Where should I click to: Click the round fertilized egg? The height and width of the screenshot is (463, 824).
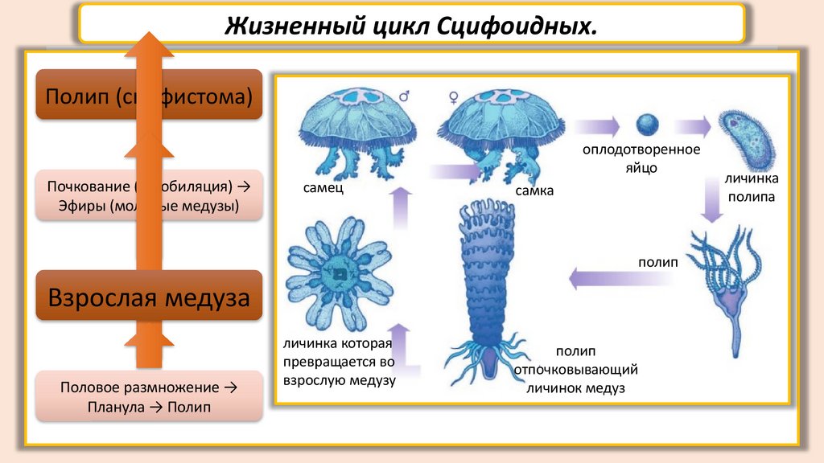(x=647, y=125)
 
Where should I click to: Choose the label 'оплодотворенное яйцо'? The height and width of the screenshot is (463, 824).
(x=642, y=158)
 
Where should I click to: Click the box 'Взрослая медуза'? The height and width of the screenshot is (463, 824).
(x=150, y=298)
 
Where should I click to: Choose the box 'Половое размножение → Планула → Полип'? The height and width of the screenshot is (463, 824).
(x=150, y=396)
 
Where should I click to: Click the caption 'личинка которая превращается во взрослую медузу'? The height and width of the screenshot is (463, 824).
(x=338, y=363)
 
